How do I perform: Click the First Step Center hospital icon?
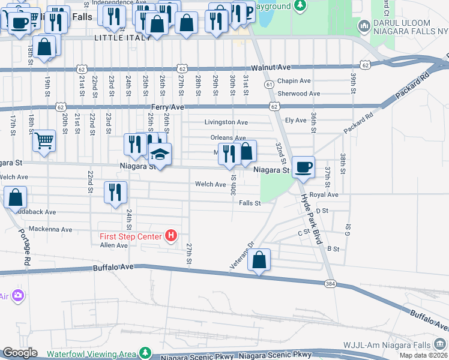point(171,236)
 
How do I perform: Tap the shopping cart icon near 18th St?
point(44,141)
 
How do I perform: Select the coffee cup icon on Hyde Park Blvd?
point(303,167)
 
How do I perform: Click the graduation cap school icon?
point(160,154)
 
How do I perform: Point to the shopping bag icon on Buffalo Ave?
point(259,260)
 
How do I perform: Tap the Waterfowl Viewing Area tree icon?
point(144,353)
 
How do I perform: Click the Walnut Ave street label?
point(271,67)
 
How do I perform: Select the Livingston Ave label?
point(226,122)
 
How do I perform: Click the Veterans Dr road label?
point(243,256)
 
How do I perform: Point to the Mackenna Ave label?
point(53,229)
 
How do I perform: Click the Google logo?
point(20,353)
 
